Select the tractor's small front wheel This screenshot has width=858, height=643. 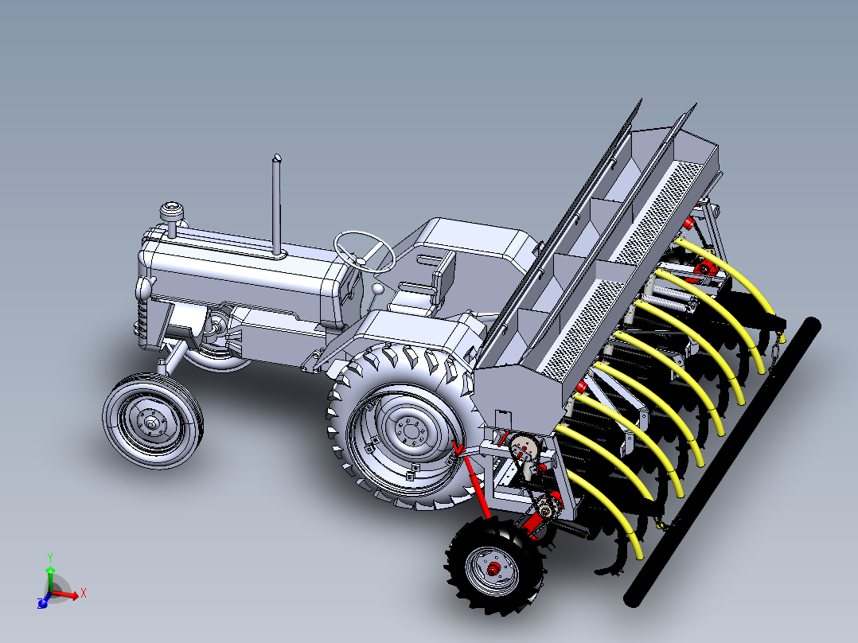(x=153, y=421)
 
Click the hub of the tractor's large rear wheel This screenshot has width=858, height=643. (x=409, y=431)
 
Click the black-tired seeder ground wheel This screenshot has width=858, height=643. (x=494, y=567)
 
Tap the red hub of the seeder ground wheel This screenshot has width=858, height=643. (x=494, y=570)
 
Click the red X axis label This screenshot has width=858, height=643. (x=83, y=593)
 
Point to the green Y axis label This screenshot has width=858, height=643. (x=50, y=558)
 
